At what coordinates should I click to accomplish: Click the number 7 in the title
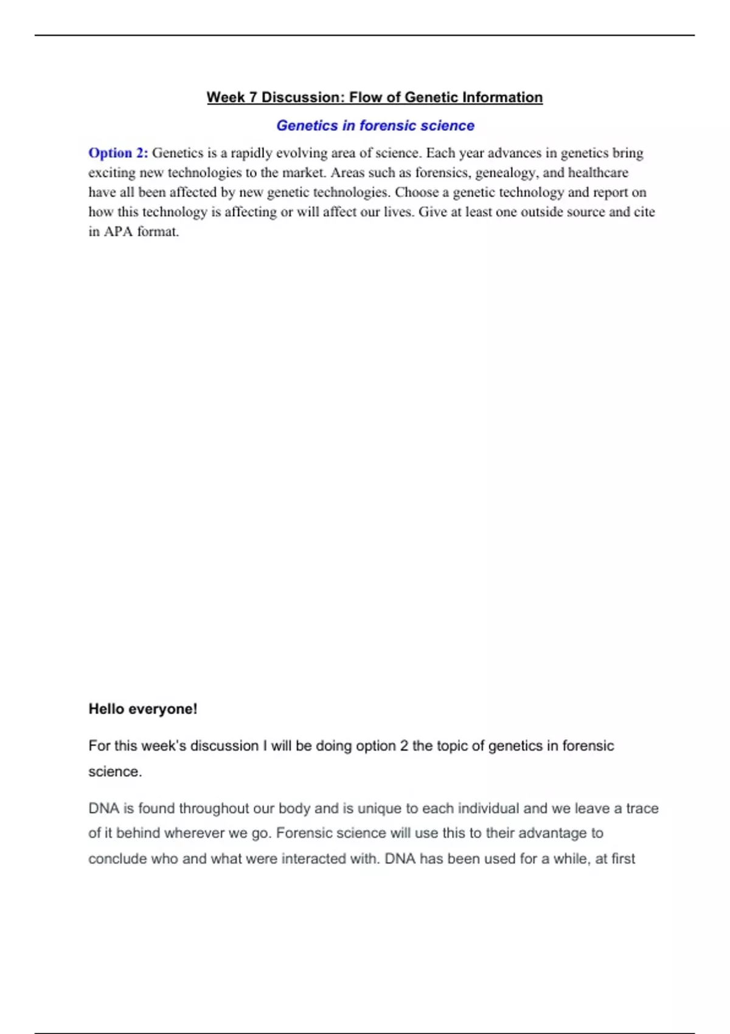[252, 97]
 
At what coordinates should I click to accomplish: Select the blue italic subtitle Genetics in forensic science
[375, 125]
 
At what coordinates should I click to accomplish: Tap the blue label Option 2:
[118, 153]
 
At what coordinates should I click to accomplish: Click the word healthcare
[598, 173]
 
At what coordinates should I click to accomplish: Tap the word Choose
[417, 192]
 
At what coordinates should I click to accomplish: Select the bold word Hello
[106, 709]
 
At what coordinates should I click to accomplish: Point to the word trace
[642, 808]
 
